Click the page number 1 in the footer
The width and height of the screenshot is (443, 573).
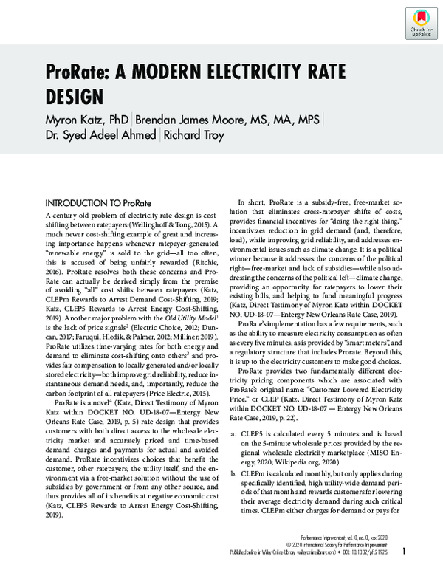(404, 551)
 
